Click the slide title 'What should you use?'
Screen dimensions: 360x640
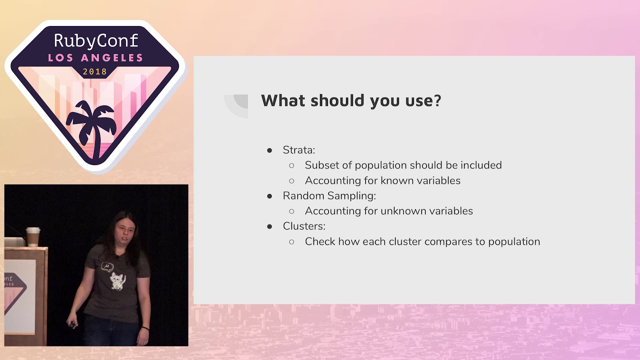pos(351,100)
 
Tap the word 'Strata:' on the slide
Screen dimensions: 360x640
pos(298,150)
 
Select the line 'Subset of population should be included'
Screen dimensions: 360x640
pos(403,165)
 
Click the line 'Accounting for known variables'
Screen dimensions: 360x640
pos(382,180)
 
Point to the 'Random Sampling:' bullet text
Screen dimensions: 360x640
pos(329,195)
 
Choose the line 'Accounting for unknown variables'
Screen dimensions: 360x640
pos(388,211)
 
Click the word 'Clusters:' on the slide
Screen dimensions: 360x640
pos(304,226)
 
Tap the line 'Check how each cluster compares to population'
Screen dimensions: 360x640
pos(422,241)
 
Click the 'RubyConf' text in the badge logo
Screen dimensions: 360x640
pos(95,40)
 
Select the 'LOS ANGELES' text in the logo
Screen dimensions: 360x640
pos(95,58)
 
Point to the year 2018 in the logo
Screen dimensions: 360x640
pos(95,71)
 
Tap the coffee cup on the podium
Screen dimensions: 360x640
pos(33,236)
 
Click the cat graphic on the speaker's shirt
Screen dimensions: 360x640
pos(118,280)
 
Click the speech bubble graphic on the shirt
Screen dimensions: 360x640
pos(107,266)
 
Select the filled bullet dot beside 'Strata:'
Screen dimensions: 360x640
pos(269,150)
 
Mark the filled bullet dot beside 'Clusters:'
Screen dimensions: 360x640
pos(269,226)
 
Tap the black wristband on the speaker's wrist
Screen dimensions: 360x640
pos(144,328)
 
